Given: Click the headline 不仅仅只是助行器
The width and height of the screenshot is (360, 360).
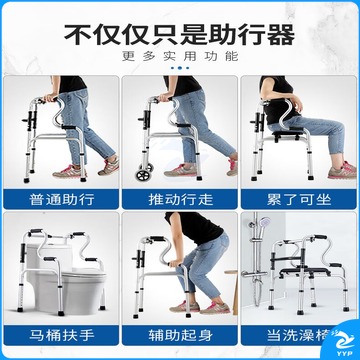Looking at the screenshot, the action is pyautogui.click(x=179, y=34).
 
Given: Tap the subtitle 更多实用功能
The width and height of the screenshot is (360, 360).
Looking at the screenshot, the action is pyautogui.click(x=180, y=56).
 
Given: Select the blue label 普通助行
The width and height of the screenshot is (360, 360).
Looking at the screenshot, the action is pyautogui.click(x=62, y=200).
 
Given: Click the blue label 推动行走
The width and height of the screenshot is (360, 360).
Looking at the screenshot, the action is pyautogui.click(x=180, y=200).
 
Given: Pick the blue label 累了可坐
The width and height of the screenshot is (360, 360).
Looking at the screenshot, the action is pyautogui.click(x=299, y=200).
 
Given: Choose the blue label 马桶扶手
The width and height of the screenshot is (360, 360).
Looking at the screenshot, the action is pyautogui.click(x=62, y=335).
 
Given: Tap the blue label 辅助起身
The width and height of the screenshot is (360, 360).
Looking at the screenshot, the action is pyautogui.click(x=180, y=335).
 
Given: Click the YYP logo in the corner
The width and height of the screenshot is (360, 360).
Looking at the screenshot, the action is pyautogui.click(x=343, y=343).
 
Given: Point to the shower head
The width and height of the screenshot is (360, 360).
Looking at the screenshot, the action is pyautogui.click(x=264, y=222).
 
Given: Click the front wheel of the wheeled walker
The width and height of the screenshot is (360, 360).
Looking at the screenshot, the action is pyautogui.click(x=142, y=175).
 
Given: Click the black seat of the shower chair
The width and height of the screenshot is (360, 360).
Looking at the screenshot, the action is pyautogui.click(x=305, y=272).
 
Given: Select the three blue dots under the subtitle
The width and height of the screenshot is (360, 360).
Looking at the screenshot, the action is pyautogui.click(x=180, y=68).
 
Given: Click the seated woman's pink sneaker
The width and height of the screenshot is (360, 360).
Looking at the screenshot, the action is pyautogui.click(x=342, y=171).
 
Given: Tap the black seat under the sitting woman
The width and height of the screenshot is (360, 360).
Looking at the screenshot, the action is pyautogui.click(x=288, y=134).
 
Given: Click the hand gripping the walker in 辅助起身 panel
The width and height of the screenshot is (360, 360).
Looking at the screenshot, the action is pyautogui.click(x=174, y=262).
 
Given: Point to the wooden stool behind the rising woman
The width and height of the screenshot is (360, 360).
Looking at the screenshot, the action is pyautogui.click(x=232, y=290).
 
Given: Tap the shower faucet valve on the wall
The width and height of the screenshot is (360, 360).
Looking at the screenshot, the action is pyautogui.click(x=254, y=274).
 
